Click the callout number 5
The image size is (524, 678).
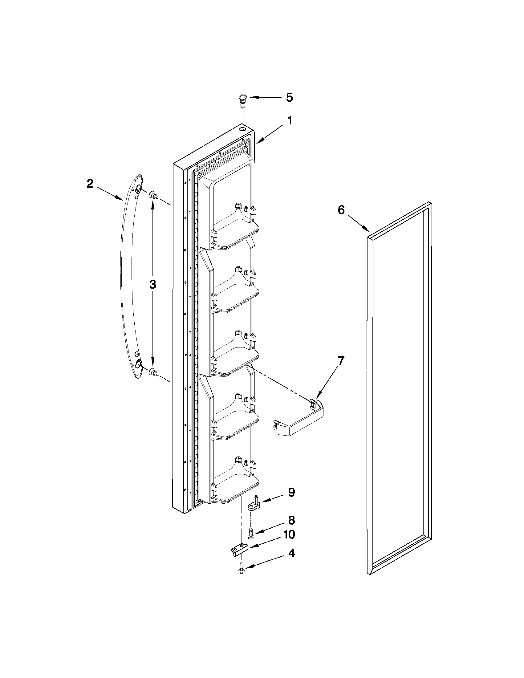(x=289, y=97)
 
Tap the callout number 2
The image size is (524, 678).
(x=90, y=184)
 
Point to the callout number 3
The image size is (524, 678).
(x=152, y=284)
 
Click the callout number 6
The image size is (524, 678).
(x=341, y=210)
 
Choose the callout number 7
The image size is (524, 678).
(x=341, y=361)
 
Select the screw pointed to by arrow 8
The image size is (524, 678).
(x=250, y=534)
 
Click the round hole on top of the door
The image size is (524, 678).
(x=243, y=128)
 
